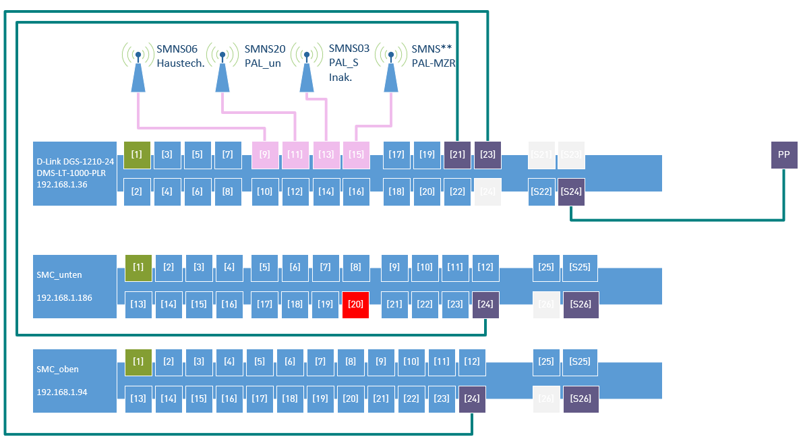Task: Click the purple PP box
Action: (784, 155)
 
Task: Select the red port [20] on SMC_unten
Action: (355, 305)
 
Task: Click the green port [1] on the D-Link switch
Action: (137, 155)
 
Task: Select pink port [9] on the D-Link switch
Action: (265, 155)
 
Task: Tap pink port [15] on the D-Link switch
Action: (356, 155)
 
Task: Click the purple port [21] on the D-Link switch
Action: (457, 155)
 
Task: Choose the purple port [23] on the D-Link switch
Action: (487, 155)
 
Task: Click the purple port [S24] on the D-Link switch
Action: (571, 192)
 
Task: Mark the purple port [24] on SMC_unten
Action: (485, 305)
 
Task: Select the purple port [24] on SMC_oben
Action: (472, 399)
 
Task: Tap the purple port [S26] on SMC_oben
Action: (581, 399)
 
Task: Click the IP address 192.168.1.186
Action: (65, 297)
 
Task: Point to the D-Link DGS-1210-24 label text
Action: (76, 162)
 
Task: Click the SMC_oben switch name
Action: (58, 370)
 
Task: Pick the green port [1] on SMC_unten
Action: (138, 268)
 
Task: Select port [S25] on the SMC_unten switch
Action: (580, 268)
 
